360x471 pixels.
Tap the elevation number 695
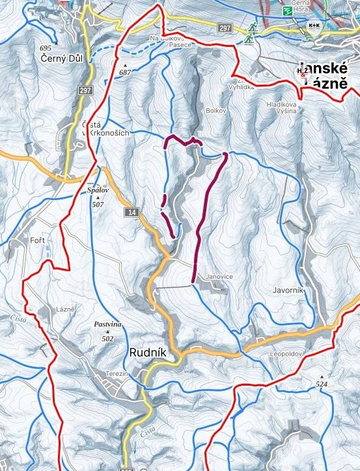tap(45, 49)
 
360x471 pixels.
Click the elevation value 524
tap(322, 385)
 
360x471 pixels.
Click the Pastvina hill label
tap(107, 324)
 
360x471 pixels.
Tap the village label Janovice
tap(219, 276)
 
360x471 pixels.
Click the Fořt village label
tap(37, 241)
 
